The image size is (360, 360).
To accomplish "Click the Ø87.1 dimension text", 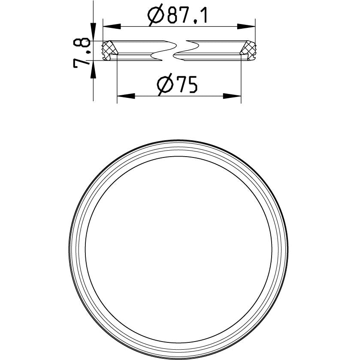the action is (x=178, y=15).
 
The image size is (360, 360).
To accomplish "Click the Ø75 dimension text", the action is (x=177, y=85).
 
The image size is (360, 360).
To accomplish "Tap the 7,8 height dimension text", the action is (x=81, y=53).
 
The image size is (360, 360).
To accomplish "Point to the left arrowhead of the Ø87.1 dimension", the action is (x=112, y=27).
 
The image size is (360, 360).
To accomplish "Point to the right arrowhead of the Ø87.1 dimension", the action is (x=246, y=27).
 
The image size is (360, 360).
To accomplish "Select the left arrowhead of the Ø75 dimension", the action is (x=126, y=96).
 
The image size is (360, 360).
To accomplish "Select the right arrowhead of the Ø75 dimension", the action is (x=232, y=96).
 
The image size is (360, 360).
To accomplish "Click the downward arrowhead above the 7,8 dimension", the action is (x=93, y=32).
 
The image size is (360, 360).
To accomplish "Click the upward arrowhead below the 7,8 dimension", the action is (x=93, y=70).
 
